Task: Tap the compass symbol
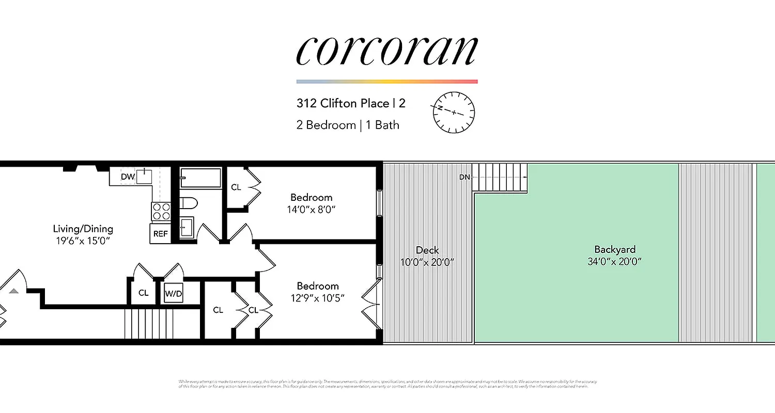(454, 112)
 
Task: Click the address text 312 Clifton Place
(343, 103)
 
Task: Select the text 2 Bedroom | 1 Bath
(348, 125)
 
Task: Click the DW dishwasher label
(128, 177)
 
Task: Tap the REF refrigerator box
(160, 233)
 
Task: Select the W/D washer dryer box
(174, 294)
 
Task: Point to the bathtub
(200, 178)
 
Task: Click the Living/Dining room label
(83, 229)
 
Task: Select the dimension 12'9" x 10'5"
(317, 298)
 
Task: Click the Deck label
(427, 250)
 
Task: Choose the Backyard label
(614, 249)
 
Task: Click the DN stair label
(464, 177)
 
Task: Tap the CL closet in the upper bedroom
(236, 187)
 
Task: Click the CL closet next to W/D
(144, 293)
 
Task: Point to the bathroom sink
(187, 227)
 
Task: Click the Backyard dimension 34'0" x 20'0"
(614, 262)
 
